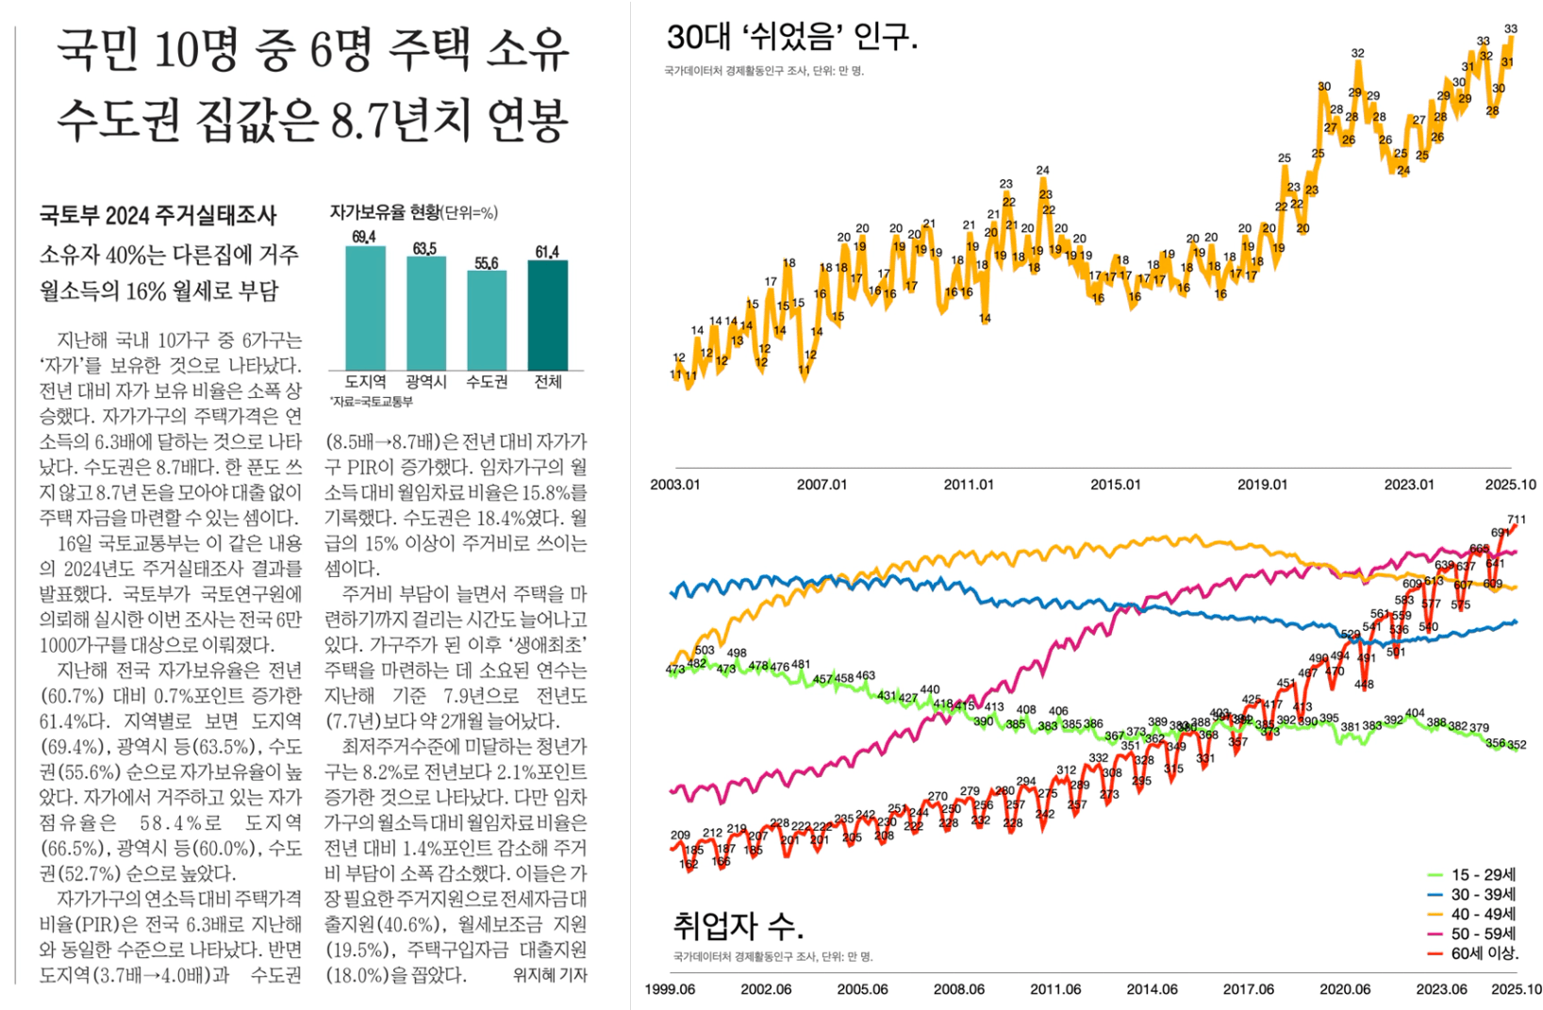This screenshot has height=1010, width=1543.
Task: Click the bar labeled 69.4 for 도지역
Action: coord(365,307)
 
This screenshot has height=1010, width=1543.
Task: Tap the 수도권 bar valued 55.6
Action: coord(487,321)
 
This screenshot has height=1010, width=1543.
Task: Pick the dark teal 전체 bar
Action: coord(548,315)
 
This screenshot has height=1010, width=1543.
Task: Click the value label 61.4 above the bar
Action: coord(547,252)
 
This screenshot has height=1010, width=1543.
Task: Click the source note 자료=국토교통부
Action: coord(372,402)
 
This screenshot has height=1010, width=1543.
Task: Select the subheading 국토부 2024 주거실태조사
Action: coord(158,216)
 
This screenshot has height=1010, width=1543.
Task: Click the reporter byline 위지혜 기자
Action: coord(550,975)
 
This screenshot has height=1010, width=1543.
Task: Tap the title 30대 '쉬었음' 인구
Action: coord(791,38)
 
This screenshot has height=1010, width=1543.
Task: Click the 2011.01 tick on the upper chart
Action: coord(969,485)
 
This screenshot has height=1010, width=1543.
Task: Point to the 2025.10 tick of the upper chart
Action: coord(1510,485)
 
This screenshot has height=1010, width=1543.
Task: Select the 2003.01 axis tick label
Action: coord(675,485)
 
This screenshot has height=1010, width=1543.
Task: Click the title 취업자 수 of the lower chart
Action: coord(738,926)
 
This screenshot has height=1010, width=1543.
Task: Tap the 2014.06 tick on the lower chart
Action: coord(1152,989)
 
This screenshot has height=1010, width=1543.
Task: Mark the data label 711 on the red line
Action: coord(1516,520)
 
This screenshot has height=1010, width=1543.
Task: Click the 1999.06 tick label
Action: coord(671,989)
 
